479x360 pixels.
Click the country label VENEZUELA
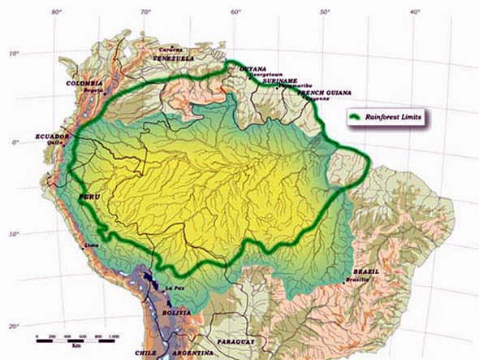pos(173,59)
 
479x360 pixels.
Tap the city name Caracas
pos(169,48)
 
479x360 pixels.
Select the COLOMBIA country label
pos(84,83)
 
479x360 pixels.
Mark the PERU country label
pos(88,197)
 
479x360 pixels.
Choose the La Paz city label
pos(175,288)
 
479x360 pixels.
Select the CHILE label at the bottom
pos(145,353)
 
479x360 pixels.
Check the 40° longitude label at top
pos(414,11)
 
